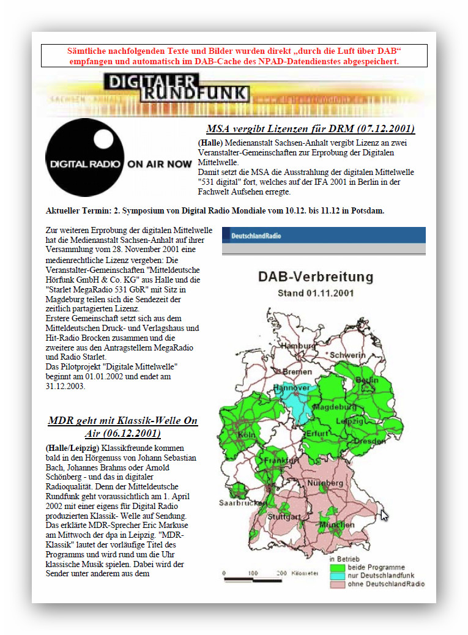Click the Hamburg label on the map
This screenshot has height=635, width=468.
[x=299, y=346]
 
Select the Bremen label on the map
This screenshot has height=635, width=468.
[x=297, y=371]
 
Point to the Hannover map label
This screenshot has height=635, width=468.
[x=291, y=388]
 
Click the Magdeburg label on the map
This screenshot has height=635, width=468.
[x=334, y=407]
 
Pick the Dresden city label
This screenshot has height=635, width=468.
[x=370, y=440]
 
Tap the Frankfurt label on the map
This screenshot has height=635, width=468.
[x=281, y=460]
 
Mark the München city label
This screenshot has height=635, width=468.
[x=337, y=525]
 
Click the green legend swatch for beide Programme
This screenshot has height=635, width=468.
[x=336, y=567]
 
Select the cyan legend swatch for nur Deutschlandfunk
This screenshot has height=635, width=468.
[x=336, y=576]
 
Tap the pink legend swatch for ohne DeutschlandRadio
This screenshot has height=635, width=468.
[x=336, y=584]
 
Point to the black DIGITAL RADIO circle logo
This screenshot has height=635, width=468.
[x=85, y=158]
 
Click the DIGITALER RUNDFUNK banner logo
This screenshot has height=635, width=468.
[x=176, y=87]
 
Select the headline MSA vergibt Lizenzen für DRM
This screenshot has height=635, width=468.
[x=310, y=128]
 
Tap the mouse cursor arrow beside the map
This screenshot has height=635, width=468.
[x=384, y=515]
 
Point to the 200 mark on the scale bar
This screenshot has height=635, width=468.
[x=281, y=573]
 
